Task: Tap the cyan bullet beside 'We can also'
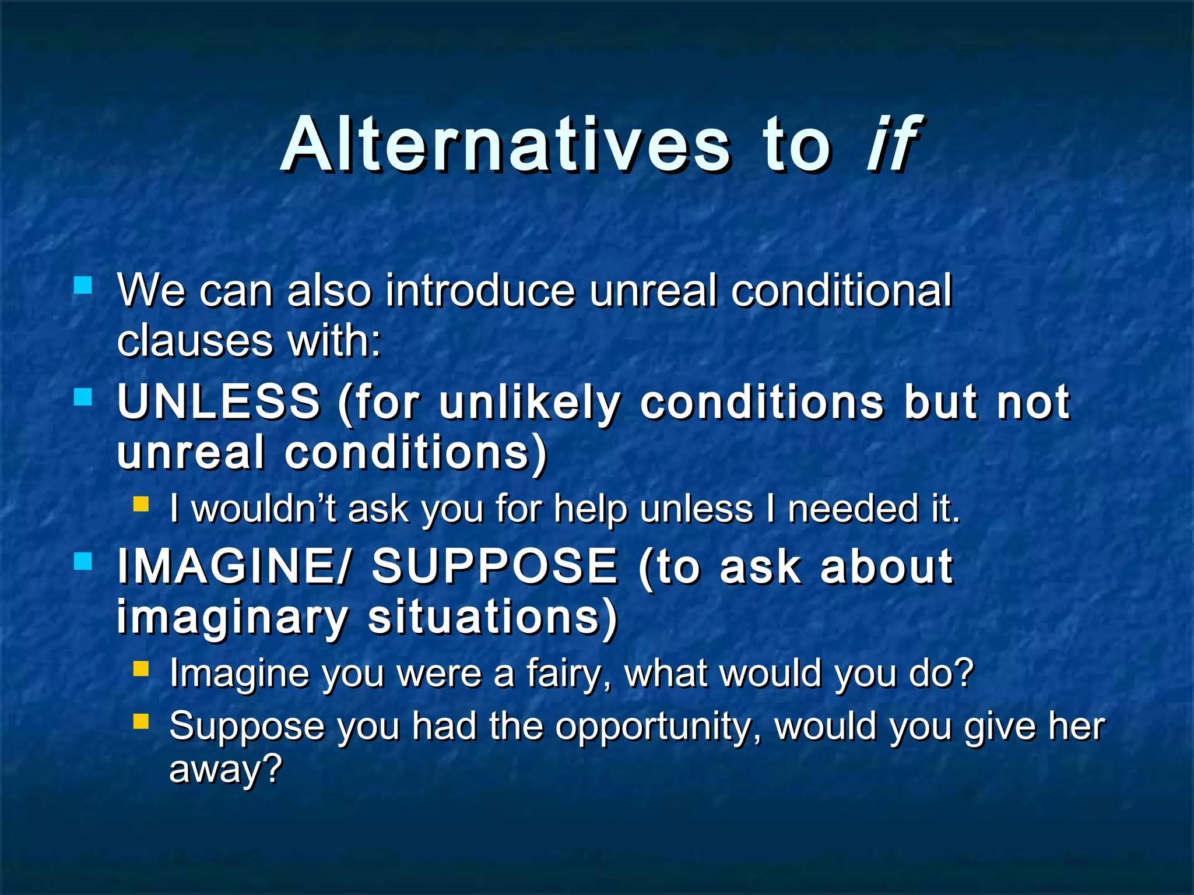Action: [83, 286]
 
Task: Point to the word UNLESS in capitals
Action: [219, 402]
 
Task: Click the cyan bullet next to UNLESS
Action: [83, 398]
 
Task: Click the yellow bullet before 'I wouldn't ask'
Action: [141, 504]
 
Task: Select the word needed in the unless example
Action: [851, 509]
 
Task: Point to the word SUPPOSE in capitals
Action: [494, 566]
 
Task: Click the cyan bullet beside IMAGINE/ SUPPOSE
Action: [83, 562]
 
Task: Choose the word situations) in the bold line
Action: [493, 618]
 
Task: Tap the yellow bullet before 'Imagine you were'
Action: [141, 668]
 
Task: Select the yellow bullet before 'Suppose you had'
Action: [141, 722]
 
